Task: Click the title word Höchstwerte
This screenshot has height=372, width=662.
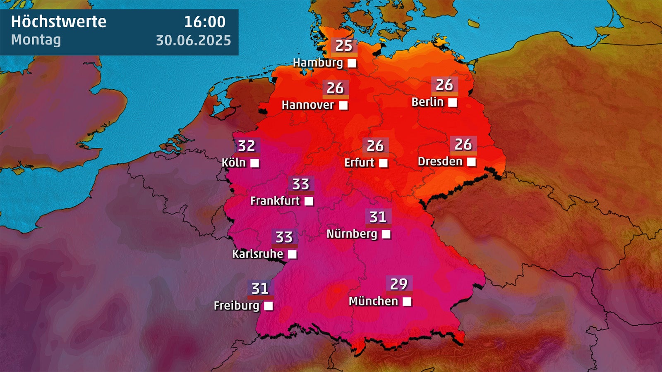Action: pyautogui.click(x=58, y=21)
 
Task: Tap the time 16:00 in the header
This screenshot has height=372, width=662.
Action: pyautogui.click(x=205, y=21)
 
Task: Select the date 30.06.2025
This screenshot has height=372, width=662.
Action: pyautogui.click(x=193, y=40)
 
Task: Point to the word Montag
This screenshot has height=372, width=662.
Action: pyautogui.click(x=36, y=40)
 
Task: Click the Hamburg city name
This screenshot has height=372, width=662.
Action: pyautogui.click(x=318, y=63)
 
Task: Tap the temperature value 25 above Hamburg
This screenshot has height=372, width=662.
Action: pyautogui.click(x=344, y=46)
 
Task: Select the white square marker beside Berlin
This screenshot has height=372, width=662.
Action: pyautogui.click(x=453, y=102)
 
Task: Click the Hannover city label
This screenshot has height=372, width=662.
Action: pyautogui.click(x=307, y=105)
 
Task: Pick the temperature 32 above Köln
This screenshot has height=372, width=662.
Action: pyautogui.click(x=247, y=146)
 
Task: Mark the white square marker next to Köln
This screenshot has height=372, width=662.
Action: pyautogui.click(x=255, y=163)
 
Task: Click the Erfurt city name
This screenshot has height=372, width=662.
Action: pyautogui.click(x=359, y=163)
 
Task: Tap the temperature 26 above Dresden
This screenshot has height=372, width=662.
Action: pyautogui.click(x=463, y=144)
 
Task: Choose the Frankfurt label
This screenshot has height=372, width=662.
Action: pyautogui.click(x=275, y=201)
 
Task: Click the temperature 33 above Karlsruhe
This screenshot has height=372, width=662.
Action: pyautogui.click(x=284, y=237)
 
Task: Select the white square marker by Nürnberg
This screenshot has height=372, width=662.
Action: pyautogui.click(x=386, y=234)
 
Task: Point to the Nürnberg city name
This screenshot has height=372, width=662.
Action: pyautogui.click(x=352, y=234)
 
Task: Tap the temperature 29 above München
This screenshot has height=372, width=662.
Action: pyautogui.click(x=399, y=284)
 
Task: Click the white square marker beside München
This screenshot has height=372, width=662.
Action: pyautogui.click(x=407, y=301)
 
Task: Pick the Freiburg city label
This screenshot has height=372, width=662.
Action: pyautogui.click(x=236, y=306)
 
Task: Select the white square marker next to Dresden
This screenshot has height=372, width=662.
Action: pyautogui.click(x=471, y=162)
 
